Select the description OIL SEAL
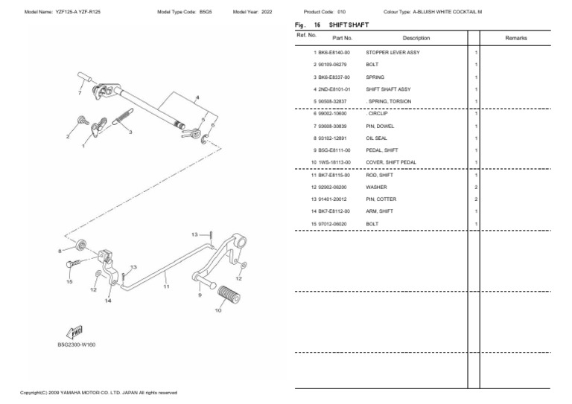point(377,138)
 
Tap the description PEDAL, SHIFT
point(381,150)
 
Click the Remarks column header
point(516,37)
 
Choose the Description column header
point(416,37)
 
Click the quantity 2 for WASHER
point(476,187)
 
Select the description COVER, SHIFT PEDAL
point(391,162)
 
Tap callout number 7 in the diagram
point(80,94)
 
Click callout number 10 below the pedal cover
point(218,310)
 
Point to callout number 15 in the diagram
point(69,282)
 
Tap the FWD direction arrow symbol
point(74,331)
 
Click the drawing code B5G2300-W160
point(77,345)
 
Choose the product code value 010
point(341,13)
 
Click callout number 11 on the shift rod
point(166,286)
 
